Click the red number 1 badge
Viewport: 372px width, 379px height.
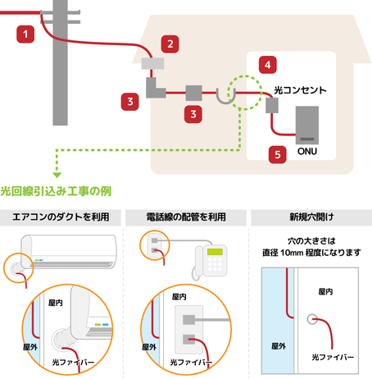(x=25, y=34)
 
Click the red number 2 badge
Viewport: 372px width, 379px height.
(x=170, y=43)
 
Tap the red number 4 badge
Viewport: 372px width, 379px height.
(x=268, y=65)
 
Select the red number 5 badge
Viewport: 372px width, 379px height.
(x=278, y=154)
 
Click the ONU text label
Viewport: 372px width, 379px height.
(x=307, y=151)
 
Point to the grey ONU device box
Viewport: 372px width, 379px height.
(x=307, y=125)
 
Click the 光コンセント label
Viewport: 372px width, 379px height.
(x=300, y=90)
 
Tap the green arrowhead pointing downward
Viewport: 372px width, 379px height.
(x=57, y=175)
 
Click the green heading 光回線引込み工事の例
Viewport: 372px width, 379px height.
(x=56, y=191)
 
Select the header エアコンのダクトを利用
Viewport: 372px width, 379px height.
(x=61, y=217)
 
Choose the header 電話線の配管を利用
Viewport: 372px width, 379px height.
(x=186, y=217)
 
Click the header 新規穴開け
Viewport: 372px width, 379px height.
(x=311, y=217)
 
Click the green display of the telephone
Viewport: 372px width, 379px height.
(x=215, y=252)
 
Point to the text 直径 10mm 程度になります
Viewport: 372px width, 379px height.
(x=311, y=253)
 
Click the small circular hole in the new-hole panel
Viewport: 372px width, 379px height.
(x=312, y=319)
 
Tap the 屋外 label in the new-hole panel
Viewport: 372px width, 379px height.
(x=279, y=346)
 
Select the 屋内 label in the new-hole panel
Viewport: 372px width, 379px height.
(x=325, y=292)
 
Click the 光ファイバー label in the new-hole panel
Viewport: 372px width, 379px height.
(x=333, y=357)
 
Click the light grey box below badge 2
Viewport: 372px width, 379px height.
(x=152, y=63)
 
